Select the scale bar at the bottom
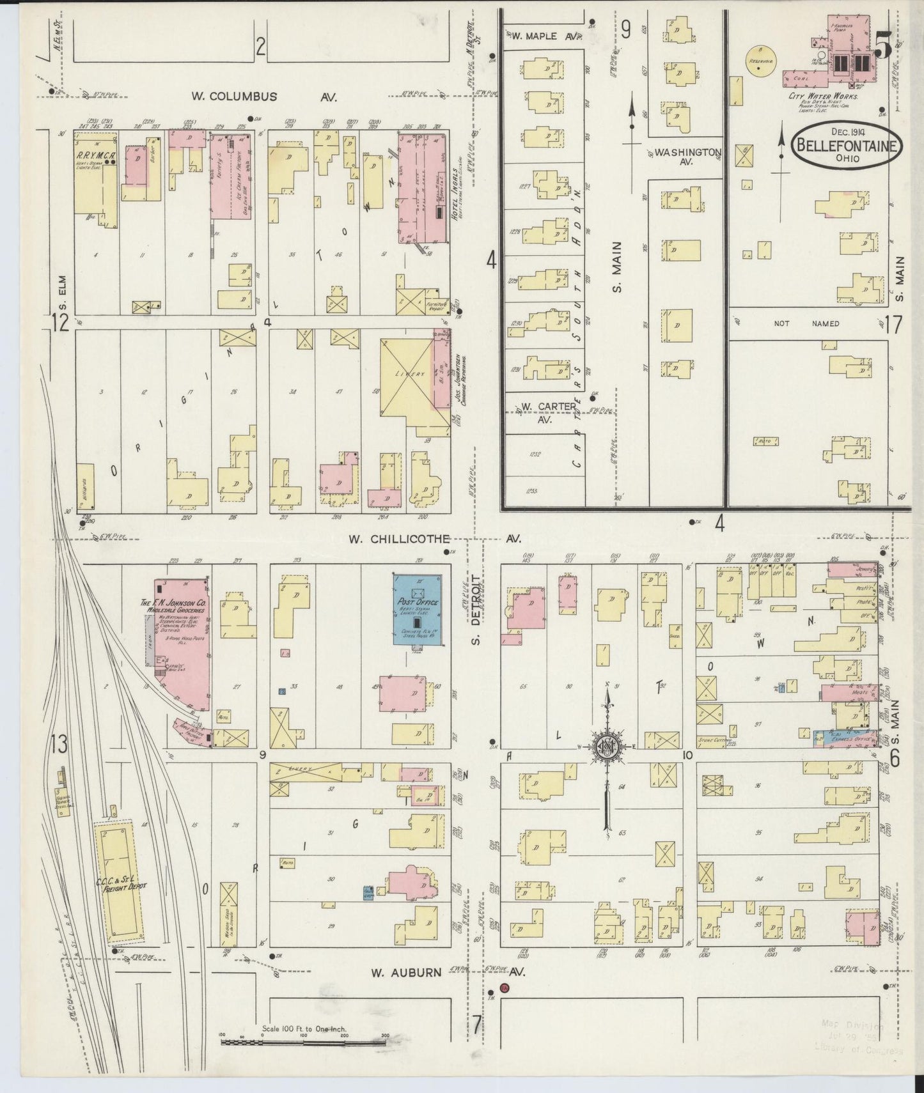pos(303,1043)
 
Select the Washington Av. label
pos(687,157)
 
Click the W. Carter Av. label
pos(536,412)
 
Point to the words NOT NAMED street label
pos(807,324)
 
